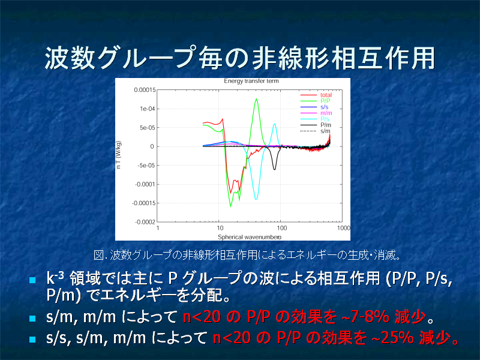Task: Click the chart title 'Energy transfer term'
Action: click(x=251, y=81)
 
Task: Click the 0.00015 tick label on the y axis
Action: click(x=145, y=89)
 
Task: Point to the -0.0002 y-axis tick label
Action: click(x=145, y=222)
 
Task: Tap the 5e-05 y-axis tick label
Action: click(x=147, y=128)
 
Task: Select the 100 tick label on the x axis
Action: click(x=281, y=228)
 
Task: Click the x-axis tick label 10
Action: click(x=220, y=228)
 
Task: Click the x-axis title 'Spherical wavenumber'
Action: click(x=250, y=237)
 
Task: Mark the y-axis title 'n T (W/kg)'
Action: click(x=119, y=155)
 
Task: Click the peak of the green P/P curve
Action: click(x=256, y=98)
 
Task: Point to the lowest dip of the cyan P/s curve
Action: click(x=256, y=199)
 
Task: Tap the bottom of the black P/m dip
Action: click(x=274, y=169)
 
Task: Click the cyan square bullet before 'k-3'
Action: click(x=32, y=280)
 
